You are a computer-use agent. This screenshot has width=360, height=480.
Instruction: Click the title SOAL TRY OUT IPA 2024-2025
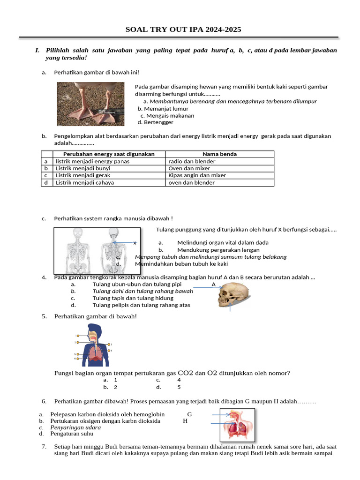183,30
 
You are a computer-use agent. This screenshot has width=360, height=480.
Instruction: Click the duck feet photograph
91,104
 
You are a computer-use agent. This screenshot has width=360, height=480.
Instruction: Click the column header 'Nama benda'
219,154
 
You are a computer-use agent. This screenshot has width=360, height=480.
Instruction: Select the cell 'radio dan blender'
192,161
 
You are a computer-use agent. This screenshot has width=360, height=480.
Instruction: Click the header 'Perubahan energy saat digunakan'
109,154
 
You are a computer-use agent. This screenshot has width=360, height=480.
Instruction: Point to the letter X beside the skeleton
135,243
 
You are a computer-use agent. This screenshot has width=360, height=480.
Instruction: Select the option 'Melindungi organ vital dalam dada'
223,243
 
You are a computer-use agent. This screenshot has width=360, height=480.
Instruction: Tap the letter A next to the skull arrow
214,285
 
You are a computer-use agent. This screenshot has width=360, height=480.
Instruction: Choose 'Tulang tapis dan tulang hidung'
133,298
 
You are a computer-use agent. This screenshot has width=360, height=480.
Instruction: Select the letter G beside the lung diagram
189,414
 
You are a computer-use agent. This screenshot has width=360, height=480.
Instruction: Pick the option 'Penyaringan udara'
75,427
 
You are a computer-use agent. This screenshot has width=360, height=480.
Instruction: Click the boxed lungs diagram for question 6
238,425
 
